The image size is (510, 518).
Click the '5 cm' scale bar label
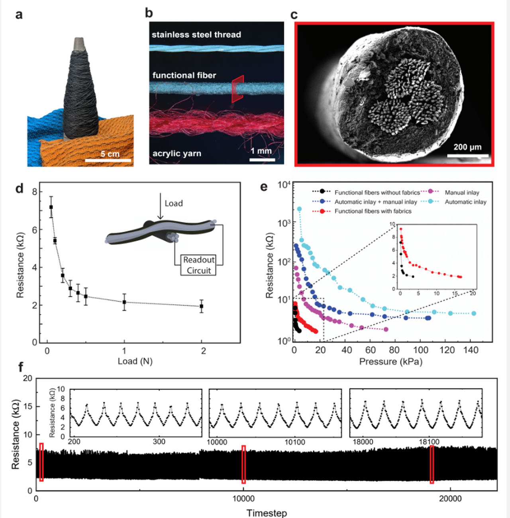point(110,154)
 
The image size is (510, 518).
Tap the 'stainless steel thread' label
point(196,35)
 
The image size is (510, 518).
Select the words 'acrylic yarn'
point(177,154)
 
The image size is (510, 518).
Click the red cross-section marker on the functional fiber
point(237,89)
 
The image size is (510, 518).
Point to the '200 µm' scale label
point(467,147)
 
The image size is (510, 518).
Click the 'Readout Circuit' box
point(198,265)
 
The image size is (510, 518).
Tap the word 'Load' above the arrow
point(174,203)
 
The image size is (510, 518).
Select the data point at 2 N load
point(202,306)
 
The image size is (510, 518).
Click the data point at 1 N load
point(124,302)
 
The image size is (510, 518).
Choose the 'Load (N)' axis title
point(135,361)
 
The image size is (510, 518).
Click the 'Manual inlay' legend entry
point(461,193)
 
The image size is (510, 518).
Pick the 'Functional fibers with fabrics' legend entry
point(373,211)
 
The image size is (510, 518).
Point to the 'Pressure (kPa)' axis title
point(390,362)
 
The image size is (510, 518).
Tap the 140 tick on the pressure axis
point(471,350)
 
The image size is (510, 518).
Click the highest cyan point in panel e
point(299,209)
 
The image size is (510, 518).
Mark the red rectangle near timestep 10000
point(243,464)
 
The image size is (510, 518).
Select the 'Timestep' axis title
point(267,513)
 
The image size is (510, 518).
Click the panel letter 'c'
point(294,15)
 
